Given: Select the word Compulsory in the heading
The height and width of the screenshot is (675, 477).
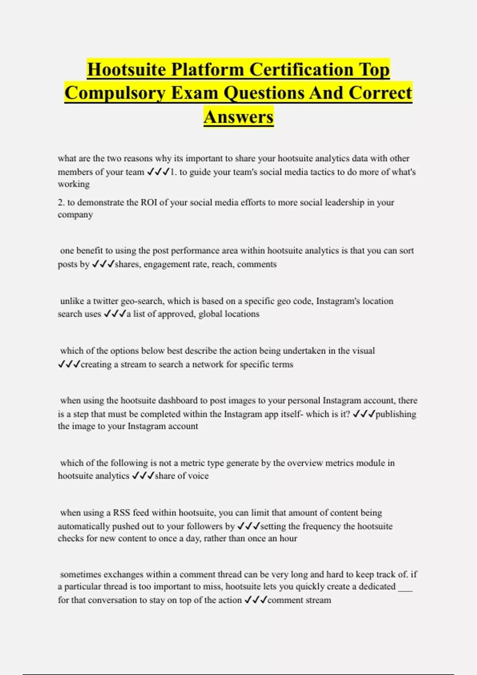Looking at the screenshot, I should tap(115, 93).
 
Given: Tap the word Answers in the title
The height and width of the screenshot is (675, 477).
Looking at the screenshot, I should tap(238, 117).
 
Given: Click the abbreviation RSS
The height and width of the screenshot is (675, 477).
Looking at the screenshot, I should tap(122, 513).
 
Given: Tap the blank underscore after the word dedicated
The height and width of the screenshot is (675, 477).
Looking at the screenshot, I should tap(405, 587).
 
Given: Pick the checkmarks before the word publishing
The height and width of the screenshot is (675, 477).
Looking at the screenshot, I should tap(364, 414).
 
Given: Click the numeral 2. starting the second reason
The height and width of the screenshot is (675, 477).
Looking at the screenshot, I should tap(61, 202).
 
